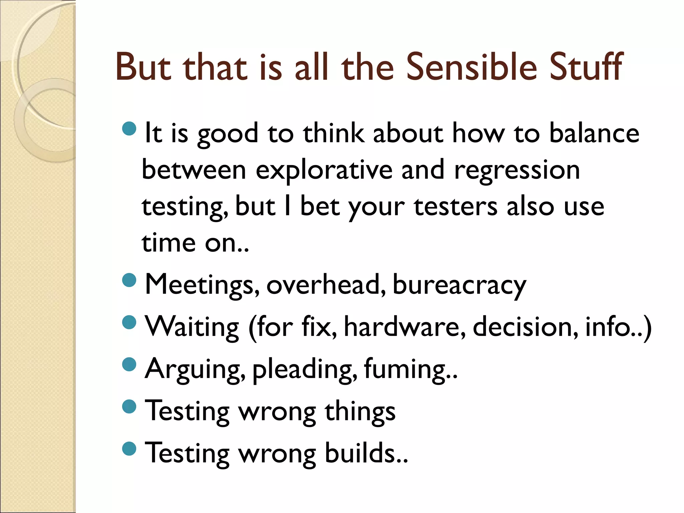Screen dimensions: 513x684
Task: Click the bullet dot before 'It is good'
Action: (129, 129)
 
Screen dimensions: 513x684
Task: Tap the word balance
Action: (594, 133)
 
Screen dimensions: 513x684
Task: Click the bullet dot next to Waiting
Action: (129, 322)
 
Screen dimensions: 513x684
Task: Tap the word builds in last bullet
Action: (366, 453)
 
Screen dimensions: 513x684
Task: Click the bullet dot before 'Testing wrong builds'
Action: (129, 449)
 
